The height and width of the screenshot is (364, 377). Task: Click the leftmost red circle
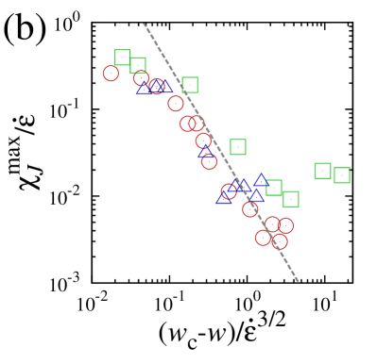[111, 74]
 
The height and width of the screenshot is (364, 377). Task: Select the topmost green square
[123, 58]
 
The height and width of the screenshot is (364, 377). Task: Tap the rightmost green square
[342, 175]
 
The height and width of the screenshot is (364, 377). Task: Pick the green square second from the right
[323, 171]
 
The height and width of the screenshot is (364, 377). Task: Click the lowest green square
[291, 199]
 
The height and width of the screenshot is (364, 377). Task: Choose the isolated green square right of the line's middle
[238, 147]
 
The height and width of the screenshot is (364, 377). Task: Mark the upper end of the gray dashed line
[144, 25]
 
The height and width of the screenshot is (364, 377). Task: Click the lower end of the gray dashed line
[298, 280]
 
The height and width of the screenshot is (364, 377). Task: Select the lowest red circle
[280, 241]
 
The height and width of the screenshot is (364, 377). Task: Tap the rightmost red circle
[285, 225]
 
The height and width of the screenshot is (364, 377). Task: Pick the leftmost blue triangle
[145, 89]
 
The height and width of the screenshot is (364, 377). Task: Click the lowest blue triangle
[224, 197]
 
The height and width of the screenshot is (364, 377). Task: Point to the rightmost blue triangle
[262, 180]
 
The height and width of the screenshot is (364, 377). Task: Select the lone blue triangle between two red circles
[205, 151]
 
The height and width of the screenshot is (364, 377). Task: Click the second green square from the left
[138, 65]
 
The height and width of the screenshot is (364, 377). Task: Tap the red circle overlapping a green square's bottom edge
[141, 78]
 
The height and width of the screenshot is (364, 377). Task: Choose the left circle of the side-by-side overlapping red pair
[187, 123]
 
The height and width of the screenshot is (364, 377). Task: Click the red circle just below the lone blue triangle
[209, 161]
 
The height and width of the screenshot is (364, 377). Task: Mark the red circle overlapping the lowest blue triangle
[229, 191]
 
